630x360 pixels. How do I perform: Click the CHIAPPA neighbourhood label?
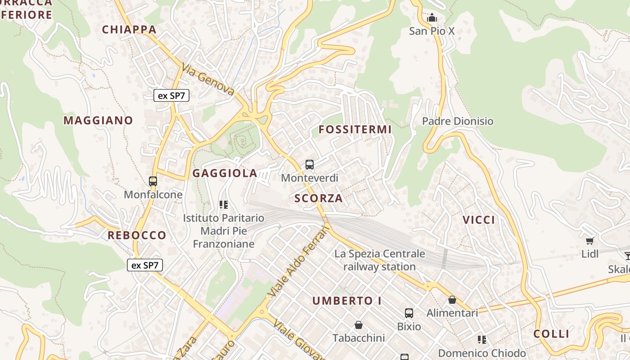129,30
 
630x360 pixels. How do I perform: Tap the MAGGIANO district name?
98,120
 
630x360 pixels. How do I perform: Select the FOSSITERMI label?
355,130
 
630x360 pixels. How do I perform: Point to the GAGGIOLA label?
225,173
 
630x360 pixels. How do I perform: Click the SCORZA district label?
319,198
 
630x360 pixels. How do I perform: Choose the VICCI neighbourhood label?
479,220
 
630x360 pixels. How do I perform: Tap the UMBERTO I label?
347,301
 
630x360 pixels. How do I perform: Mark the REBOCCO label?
137,235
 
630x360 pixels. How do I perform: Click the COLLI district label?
551,334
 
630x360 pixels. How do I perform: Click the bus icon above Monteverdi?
310,165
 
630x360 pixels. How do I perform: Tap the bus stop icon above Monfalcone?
153,181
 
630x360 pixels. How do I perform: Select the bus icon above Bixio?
409,313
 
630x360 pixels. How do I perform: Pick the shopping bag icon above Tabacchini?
359,325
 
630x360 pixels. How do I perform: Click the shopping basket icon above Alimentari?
452,300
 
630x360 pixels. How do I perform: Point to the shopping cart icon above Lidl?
590,241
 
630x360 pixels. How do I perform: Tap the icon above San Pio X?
432,18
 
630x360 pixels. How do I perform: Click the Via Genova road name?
208,80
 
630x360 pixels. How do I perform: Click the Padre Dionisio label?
458,121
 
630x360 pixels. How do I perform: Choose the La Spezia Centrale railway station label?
379,260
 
